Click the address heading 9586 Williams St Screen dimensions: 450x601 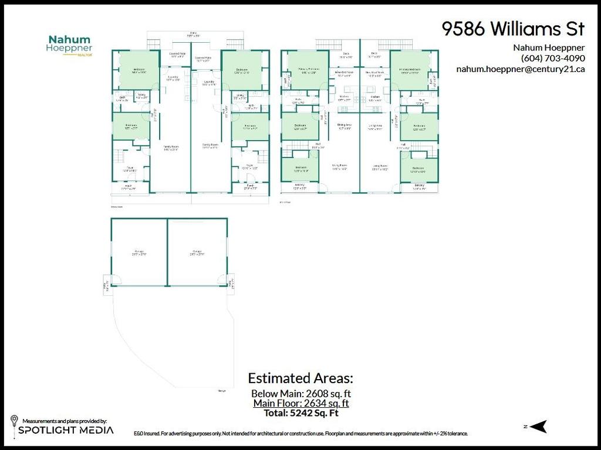(512, 29)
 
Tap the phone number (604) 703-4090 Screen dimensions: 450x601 (552, 58)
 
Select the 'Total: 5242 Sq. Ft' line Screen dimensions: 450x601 (300, 412)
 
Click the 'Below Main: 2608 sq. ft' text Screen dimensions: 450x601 (300, 393)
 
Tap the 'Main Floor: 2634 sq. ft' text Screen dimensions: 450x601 (300, 403)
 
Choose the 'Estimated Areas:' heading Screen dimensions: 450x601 (300, 377)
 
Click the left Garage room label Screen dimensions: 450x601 (139, 253)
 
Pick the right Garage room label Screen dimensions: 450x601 (196, 253)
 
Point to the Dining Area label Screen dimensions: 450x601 (344, 125)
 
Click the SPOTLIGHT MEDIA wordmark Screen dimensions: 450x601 (66, 431)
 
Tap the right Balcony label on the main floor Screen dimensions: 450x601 (418, 186)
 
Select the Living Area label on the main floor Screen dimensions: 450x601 (376, 125)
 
